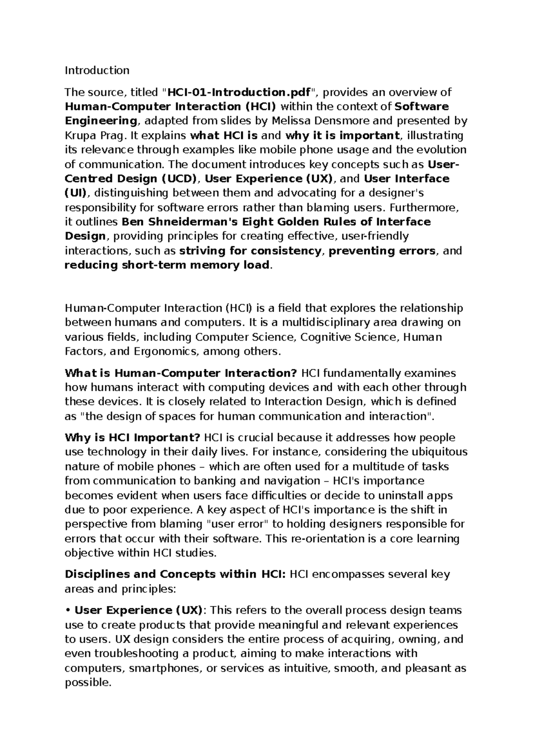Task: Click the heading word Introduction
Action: [97, 70]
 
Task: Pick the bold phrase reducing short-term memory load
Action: [167, 266]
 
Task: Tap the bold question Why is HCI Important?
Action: [133, 438]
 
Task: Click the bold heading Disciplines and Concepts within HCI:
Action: [175, 575]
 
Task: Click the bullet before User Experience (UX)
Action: [68, 610]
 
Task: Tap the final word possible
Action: [87, 682]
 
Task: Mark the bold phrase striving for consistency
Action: [250, 251]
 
